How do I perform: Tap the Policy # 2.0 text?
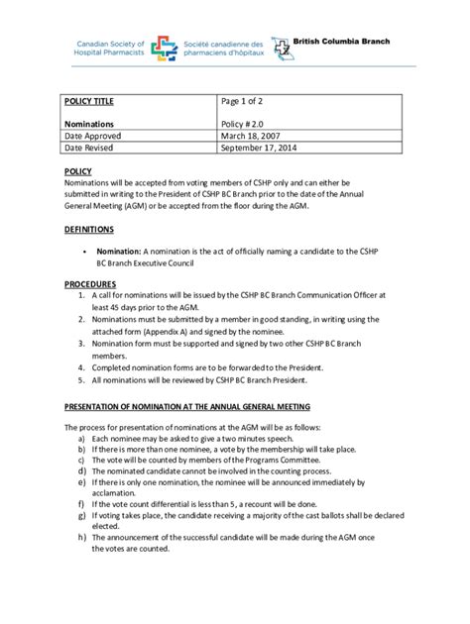tap(250, 124)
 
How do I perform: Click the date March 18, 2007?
tap(255, 136)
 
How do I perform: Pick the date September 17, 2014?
tap(265, 148)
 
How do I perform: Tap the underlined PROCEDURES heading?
tap(90, 284)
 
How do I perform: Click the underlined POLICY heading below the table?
tap(77, 171)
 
